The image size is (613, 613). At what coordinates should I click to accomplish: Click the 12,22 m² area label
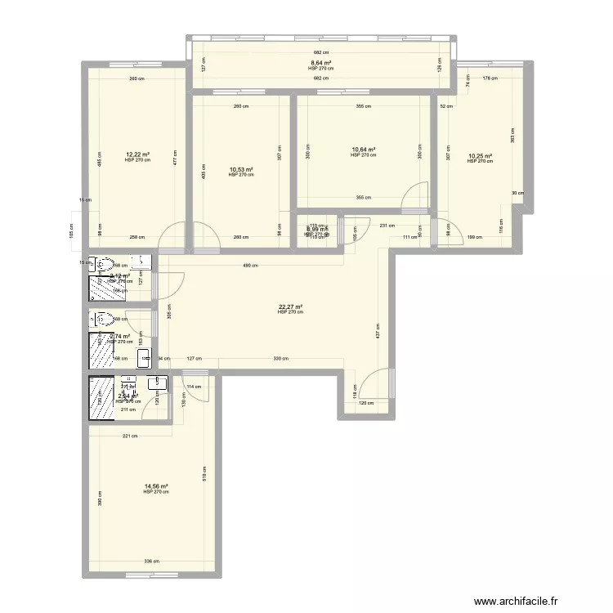[x=137, y=154]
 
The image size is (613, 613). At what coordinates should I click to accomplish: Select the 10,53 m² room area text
[x=241, y=169]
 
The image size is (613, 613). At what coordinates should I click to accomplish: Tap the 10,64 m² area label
[x=363, y=150]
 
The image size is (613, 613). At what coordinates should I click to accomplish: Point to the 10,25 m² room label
[x=480, y=156]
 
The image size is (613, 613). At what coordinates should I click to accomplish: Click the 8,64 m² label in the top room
[x=320, y=63]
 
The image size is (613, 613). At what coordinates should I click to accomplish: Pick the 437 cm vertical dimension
[x=378, y=330]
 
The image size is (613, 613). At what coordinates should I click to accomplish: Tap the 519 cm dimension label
[x=204, y=472]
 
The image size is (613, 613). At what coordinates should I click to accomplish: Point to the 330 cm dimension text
[x=280, y=359]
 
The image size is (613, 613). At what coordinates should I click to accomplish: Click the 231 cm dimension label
[x=387, y=226]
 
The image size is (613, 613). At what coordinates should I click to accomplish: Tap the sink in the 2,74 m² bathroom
[x=144, y=356]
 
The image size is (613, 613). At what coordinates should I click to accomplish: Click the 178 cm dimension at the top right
[x=489, y=78]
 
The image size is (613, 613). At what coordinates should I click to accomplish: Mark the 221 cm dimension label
[x=128, y=435]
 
